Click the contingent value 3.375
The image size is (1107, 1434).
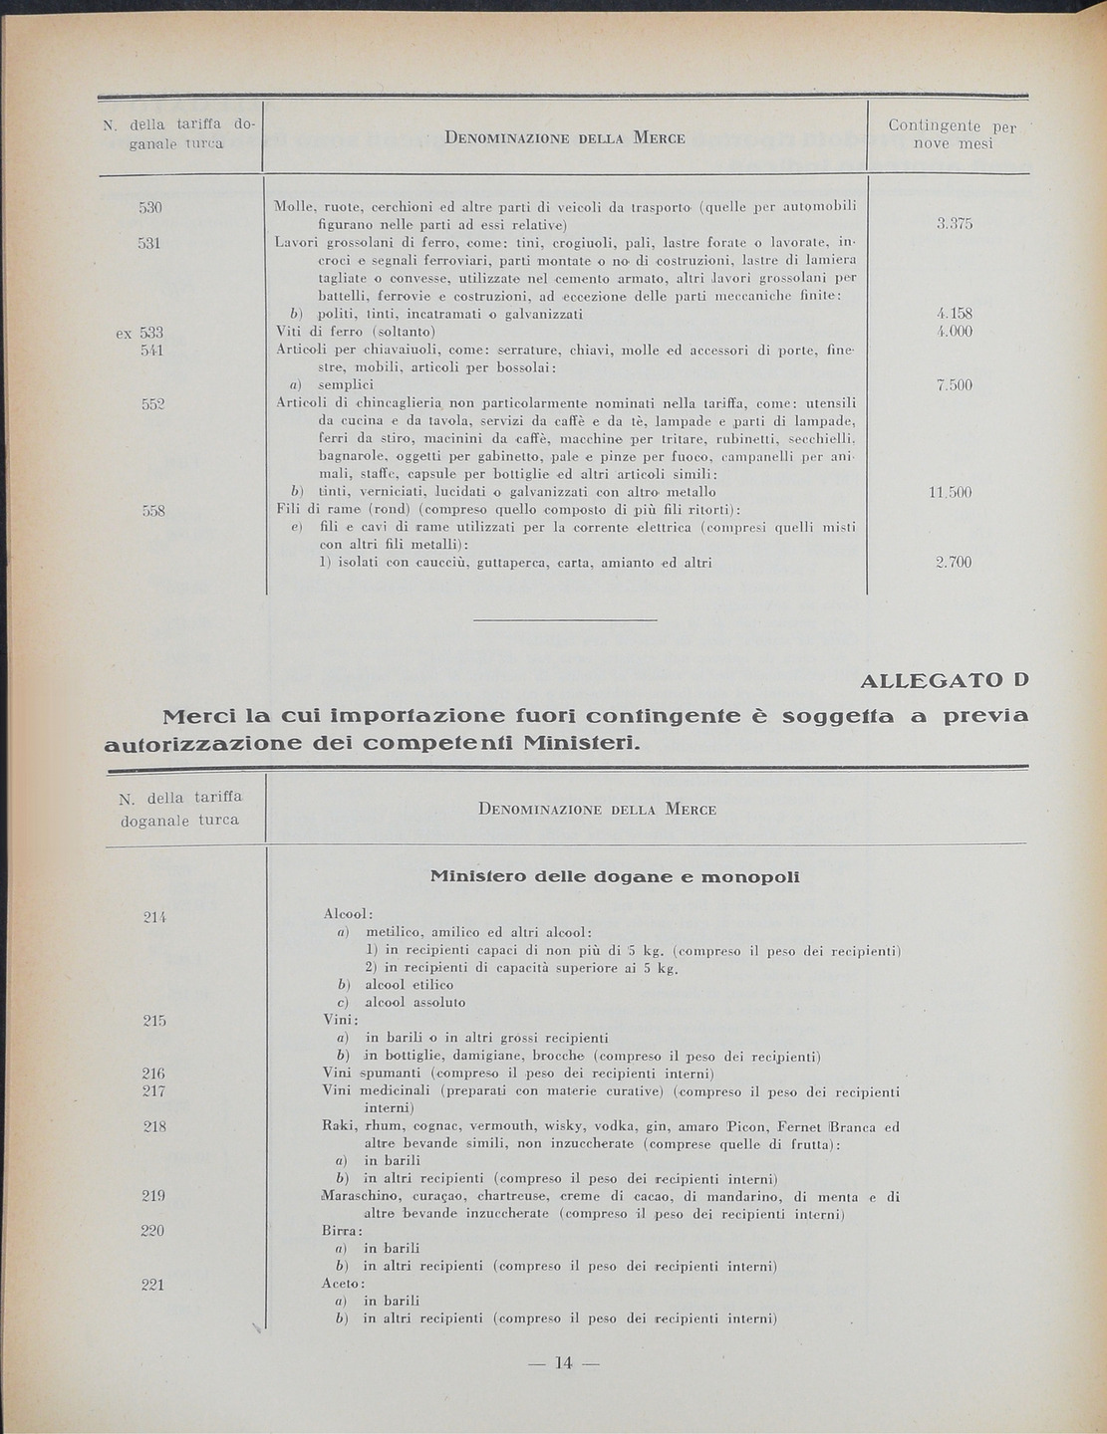(x=954, y=225)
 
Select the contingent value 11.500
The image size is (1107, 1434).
(x=950, y=493)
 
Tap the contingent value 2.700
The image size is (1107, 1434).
(x=954, y=563)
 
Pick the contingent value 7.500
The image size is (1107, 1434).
(x=954, y=385)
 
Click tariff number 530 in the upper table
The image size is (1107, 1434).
(x=150, y=207)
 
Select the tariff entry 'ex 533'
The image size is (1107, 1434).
(x=139, y=333)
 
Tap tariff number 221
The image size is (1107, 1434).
(x=152, y=1285)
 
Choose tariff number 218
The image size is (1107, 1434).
(x=152, y=1126)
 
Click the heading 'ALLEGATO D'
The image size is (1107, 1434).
(x=942, y=681)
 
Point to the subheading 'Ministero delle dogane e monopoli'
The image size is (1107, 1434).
(x=614, y=877)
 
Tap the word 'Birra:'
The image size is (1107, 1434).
(x=343, y=1231)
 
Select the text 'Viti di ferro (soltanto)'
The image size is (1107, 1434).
(x=357, y=332)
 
